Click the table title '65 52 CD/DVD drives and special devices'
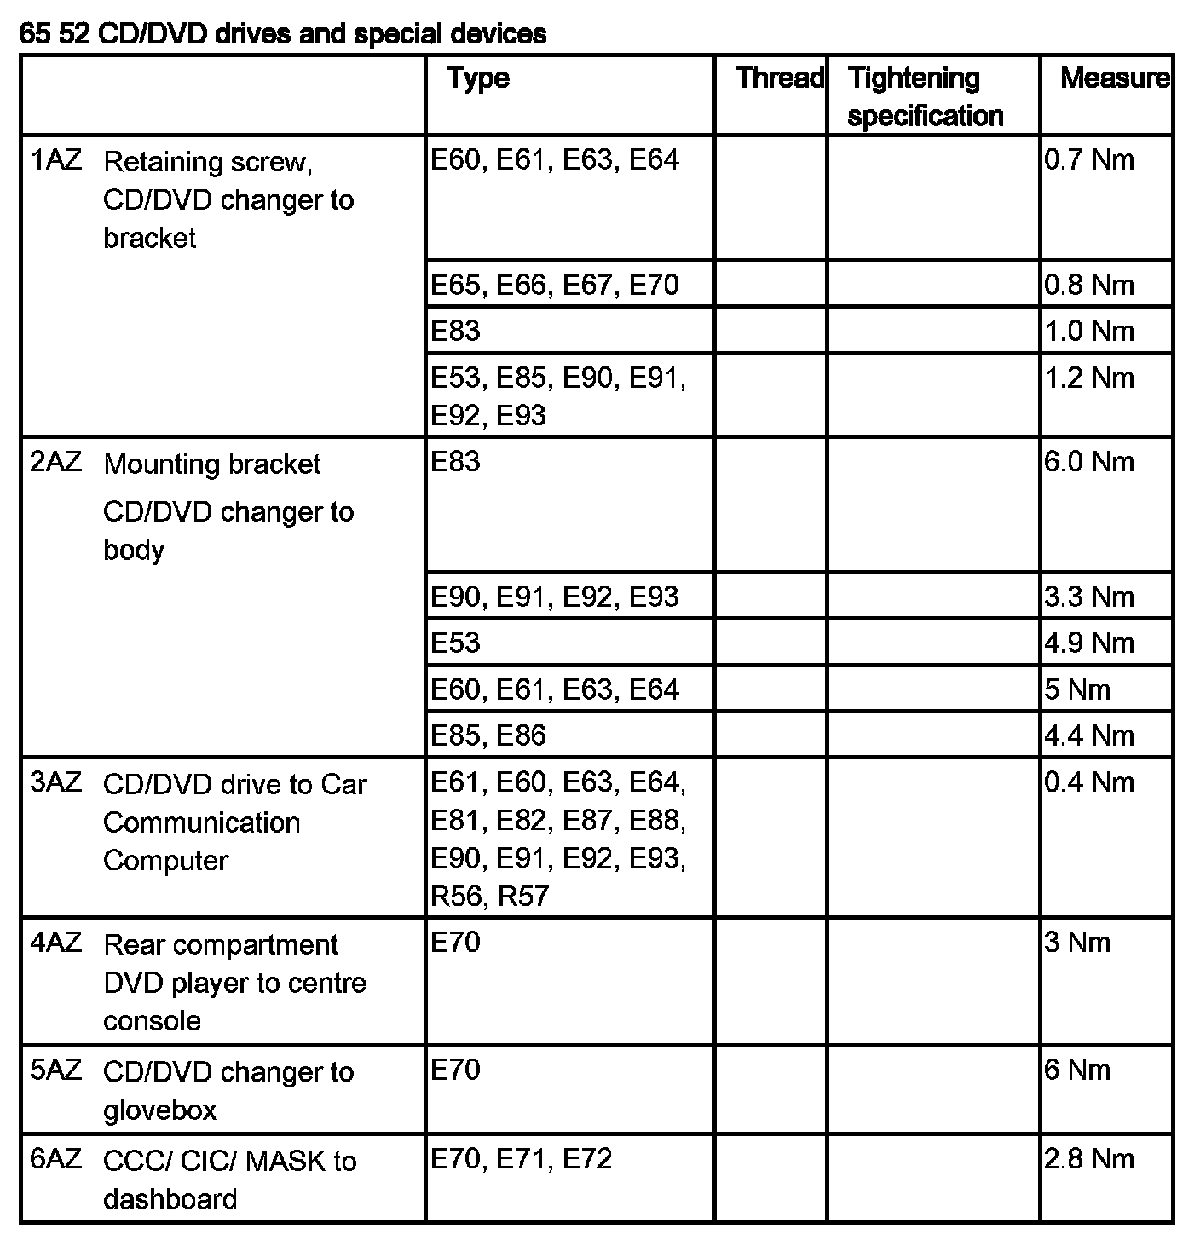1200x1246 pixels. pyautogui.click(x=282, y=33)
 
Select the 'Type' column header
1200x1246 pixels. pyautogui.click(x=478, y=78)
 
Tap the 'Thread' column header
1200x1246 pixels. pyautogui.click(x=779, y=78)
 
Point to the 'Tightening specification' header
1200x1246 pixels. pyautogui.click(x=925, y=96)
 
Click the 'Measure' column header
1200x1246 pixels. pyautogui.click(x=1114, y=78)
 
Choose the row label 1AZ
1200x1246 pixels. pyautogui.click(x=56, y=160)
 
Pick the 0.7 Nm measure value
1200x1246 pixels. pyautogui.click(x=1089, y=160)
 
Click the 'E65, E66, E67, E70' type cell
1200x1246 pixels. pyautogui.click(x=555, y=285)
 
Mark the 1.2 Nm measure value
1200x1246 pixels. pyautogui.click(x=1089, y=378)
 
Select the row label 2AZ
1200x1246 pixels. pyautogui.click(x=56, y=462)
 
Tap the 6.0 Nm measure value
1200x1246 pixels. pyautogui.click(x=1089, y=462)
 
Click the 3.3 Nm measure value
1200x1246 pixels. pyautogui.click(x=1089, y=597)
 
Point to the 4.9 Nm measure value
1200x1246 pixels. pyautogui.click(x=1089, y=643)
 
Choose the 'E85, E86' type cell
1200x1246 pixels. pyautogui.click(x=487, y=735)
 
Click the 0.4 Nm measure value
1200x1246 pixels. pyautogui.click(x=1089, y=782)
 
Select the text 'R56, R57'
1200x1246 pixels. pyautogui.click(x=489, y=896)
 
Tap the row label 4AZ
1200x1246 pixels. pyautogui.click(x=56, y=943)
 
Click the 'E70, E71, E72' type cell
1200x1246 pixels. pyautogui.click(x=521, y=1159)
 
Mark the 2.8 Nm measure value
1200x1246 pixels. pyautogui.click(x=1089, y=1159)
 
